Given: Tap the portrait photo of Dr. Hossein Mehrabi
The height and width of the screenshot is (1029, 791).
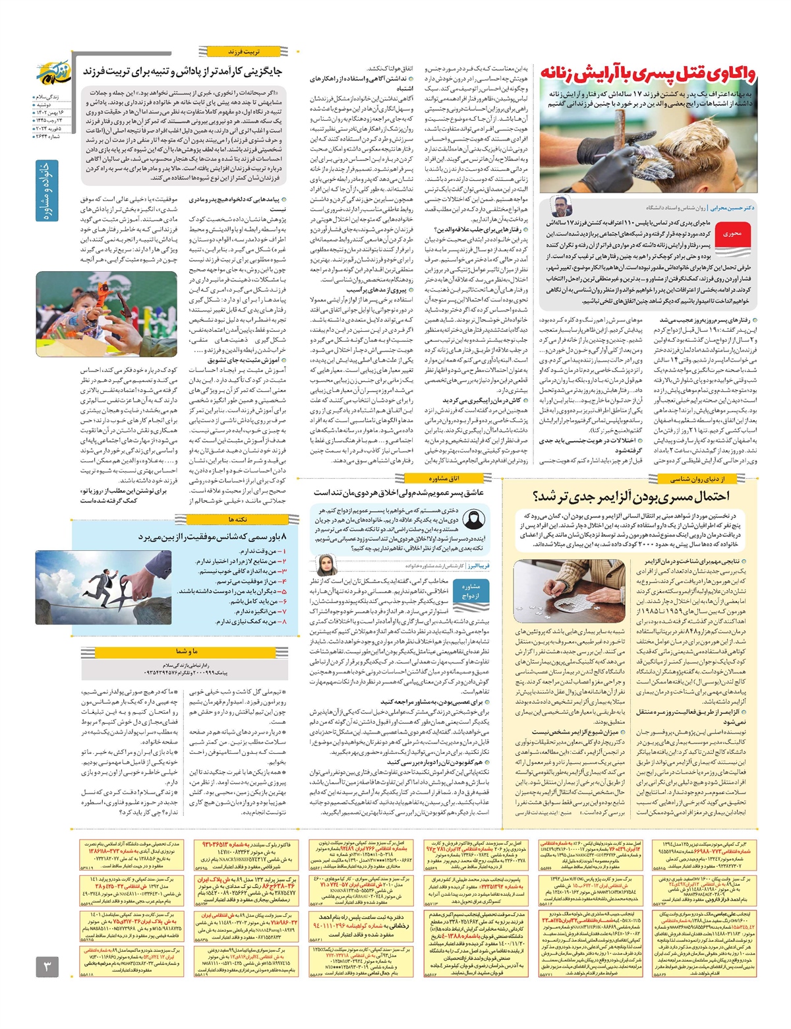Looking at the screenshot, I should tap(562, 206).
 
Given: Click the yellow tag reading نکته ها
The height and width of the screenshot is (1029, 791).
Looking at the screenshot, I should tap(239, 520).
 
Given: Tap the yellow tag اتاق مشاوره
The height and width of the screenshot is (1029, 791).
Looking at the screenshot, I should tap(442, 478).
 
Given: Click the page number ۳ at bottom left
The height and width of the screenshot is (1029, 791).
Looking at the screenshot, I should tap(47, 968).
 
